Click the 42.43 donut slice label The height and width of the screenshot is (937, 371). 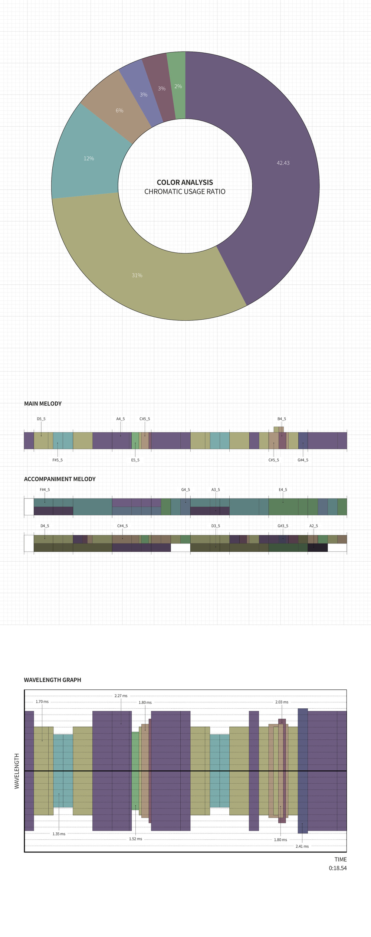[283, 163]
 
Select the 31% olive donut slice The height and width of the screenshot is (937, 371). [137, 275]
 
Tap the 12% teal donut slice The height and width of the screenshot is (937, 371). [89, 159]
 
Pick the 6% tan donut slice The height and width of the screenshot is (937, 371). [119, 111]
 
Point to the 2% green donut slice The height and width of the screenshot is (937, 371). [178, 86]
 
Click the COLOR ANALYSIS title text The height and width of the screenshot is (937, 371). [185, 182]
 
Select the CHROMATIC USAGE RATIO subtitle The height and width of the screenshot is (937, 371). [185, 192]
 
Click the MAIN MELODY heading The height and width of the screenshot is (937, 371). [43, 404]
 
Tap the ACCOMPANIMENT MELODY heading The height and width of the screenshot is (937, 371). [60, 479]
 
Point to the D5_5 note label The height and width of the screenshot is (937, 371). [41, 419]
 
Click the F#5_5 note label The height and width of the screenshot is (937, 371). [58, 460]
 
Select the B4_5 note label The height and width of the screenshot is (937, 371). [282, 419]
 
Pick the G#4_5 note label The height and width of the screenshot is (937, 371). [303, 460]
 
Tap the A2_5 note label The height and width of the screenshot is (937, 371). [313, 526]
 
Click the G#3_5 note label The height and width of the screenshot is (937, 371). [283, 526]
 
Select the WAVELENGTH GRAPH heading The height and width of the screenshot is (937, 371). [52, 680]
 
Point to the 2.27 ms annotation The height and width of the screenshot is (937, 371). [121, 696]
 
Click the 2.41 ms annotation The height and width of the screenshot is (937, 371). [302, 846]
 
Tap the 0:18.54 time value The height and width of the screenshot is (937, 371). [338, 868]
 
